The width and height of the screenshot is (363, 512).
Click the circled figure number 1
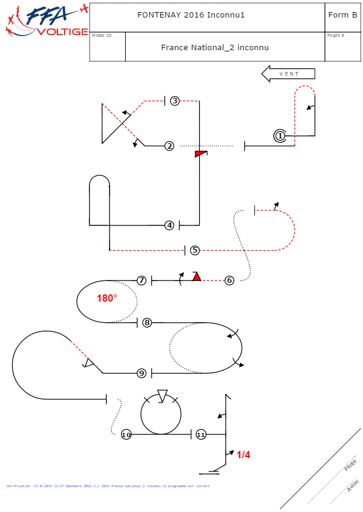[280, 136]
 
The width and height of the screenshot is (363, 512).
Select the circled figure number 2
[169, 146]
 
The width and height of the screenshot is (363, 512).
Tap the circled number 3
[174, 101]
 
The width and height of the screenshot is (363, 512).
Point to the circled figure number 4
[169, 225]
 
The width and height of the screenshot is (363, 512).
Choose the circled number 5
[194, 250]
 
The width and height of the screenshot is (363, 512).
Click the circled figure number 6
[229, 280]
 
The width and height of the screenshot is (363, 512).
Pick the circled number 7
[141, 280]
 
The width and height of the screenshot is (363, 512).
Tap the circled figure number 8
[147, 322]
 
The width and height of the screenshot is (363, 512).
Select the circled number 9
[142, 374]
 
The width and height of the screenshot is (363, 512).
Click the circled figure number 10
[126, 435]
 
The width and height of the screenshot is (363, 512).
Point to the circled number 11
[201, 435]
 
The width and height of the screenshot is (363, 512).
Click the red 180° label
[107, 298]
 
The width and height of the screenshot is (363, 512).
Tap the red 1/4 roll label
[243, 455]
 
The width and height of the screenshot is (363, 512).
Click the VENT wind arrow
[289, 74]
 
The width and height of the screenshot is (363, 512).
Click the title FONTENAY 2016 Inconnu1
[191, 15]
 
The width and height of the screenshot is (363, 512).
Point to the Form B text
[342, 15]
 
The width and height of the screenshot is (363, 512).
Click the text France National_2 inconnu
[215, 47]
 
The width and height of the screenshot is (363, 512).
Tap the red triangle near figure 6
[197, 277]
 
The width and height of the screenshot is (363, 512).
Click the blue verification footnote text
[108, 486]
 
